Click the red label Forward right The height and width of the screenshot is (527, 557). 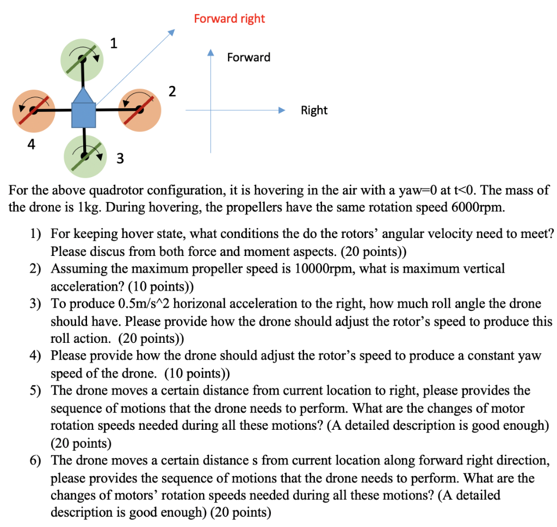[x=229, y=18]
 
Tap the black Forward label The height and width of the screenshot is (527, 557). [x=249, y=57]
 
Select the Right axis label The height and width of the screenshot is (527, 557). [x=314, y=110]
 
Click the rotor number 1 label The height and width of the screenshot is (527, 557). [x=113, y=44]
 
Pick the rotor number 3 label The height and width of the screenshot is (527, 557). [x=120, y=159]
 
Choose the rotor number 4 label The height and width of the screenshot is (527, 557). [x=32, y=145]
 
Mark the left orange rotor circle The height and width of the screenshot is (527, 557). [x=34, y=110]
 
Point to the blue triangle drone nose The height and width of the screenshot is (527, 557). [x=83, y=95]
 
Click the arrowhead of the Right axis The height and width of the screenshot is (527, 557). [x=282, y=110]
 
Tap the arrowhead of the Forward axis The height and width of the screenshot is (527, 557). [x=211, y=53]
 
